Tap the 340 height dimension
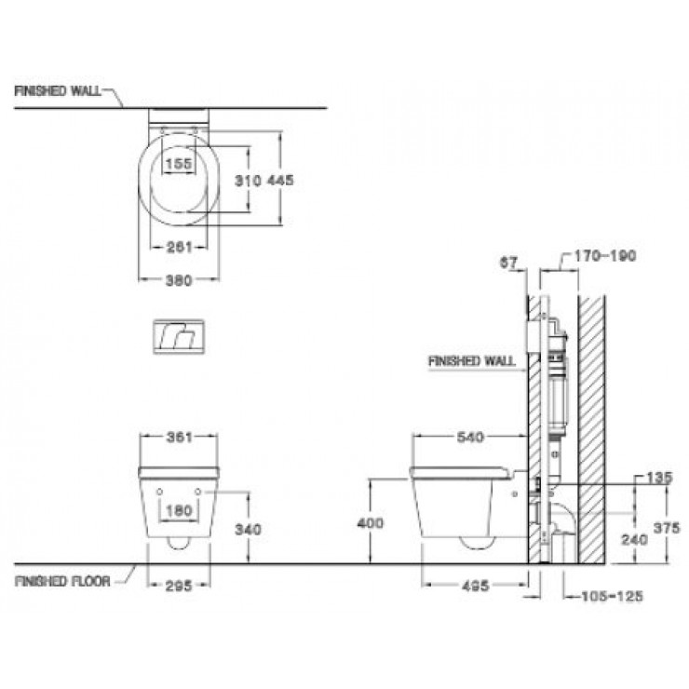pyautogui.click(x=249, y=528)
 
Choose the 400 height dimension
pyautogui.click(x=370, y=523)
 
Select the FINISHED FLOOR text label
pyautogui.click(x=62, y=581)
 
